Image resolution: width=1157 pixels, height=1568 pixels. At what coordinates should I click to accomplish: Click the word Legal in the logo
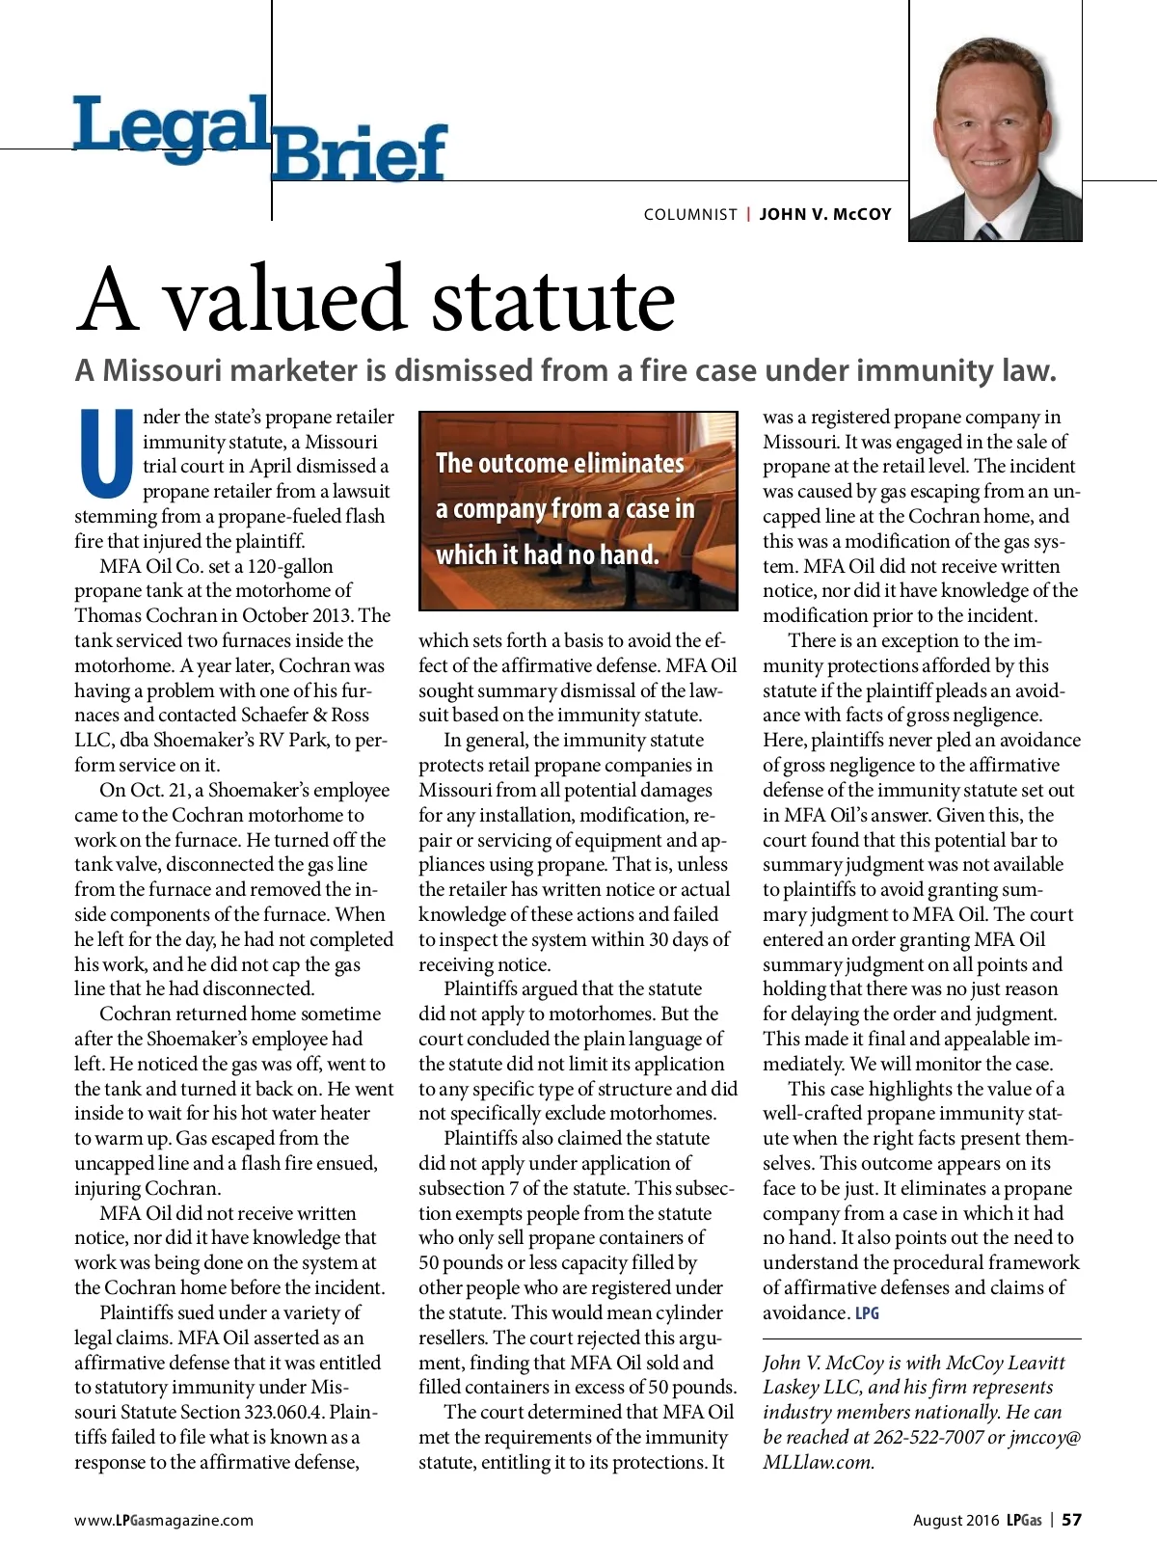[x=170, y=125]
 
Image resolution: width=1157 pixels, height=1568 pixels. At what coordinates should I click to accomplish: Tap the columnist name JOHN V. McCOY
[x=825, y=214]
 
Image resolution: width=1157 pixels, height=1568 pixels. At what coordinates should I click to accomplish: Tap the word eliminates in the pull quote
[x=624, y=464]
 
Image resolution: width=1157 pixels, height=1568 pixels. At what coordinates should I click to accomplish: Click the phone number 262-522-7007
[x=928, y=1437]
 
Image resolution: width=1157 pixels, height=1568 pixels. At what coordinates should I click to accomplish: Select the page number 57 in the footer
[x=1071, y=1520]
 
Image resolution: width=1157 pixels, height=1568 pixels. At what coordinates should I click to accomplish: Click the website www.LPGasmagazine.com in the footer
[x=164, y=1520]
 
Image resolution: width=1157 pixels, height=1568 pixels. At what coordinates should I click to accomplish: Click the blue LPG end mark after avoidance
[x=867, y=1313]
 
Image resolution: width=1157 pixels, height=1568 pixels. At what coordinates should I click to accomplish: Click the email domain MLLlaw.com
[x=819, y=1462]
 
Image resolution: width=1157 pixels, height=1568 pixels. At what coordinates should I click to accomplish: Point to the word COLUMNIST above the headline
[x=690, y=214]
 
